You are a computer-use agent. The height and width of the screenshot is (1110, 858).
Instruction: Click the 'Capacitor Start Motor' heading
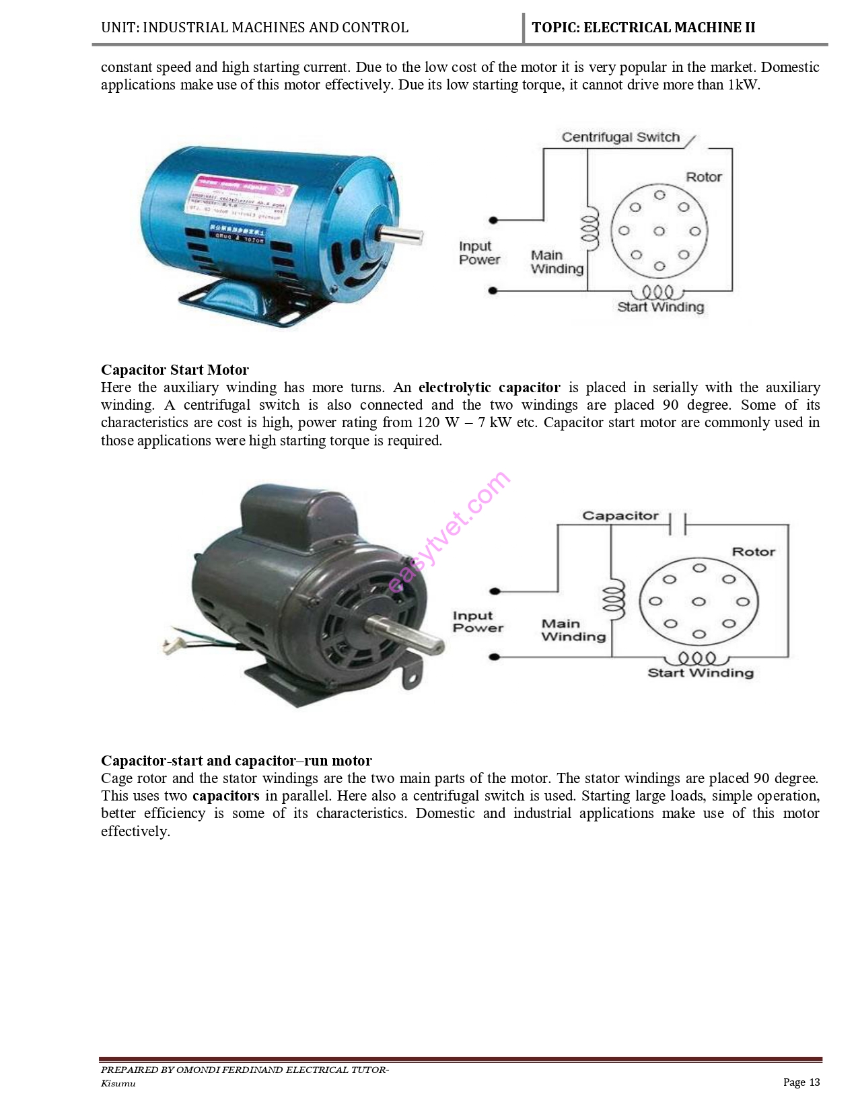tap(175, 370)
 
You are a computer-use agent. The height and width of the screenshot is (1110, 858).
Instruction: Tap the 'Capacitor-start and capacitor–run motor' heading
tap(236, 761)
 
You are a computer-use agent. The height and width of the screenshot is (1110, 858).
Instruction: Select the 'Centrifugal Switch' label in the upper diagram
tap(620, 137)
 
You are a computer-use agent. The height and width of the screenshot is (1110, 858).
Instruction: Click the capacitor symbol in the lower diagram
tap(678, 523)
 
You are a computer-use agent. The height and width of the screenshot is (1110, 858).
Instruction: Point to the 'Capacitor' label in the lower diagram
tap(620, 516)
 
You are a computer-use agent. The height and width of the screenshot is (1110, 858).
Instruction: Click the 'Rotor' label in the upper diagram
tap(703, 177)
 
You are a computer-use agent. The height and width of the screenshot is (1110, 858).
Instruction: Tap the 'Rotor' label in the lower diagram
tap(753, 552)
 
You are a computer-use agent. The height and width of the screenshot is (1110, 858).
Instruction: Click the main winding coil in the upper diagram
tap(589, 227)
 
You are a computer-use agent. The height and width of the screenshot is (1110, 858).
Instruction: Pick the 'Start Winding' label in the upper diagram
tap(660, 307)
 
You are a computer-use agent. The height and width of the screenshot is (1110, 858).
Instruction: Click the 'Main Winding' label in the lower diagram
tap(573, 630)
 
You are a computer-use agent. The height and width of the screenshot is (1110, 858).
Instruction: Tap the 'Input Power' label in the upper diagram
tap(479, 253)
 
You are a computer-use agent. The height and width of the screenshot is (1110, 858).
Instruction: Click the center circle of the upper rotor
tap(659, 231)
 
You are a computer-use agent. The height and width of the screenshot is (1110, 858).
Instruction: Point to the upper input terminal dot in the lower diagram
tap(495, 591)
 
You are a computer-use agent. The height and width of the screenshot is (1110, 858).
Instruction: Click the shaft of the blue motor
tap(401, 235)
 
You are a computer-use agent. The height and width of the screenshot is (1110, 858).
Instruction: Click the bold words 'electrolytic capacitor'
tap(489, 387)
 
